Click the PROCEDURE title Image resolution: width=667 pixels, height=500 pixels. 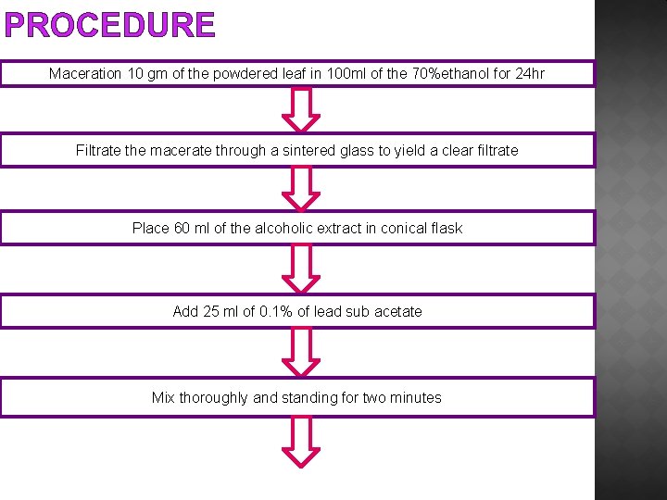tap(110, 25)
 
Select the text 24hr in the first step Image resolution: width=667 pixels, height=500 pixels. tap(530, 73)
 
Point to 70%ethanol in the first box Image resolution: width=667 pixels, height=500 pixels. tap(453, 73)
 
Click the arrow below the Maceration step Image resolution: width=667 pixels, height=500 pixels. tap(300, 109)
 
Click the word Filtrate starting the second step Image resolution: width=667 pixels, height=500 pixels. tap(97, 150)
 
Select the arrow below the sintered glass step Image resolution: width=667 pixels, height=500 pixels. tap(300, 188)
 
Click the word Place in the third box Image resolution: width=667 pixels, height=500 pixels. tap(151, 228)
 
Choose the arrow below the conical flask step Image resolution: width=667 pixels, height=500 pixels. tap(300, 269)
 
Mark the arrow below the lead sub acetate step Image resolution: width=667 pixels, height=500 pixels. tap(300, 352)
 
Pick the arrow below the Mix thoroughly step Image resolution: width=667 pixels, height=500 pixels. tap(300, 441)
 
